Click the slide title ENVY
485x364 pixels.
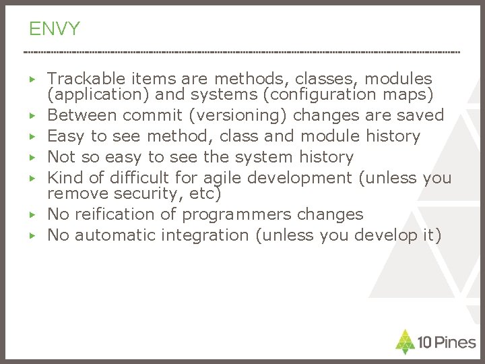coord(55,29)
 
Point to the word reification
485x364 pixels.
coord(115,214)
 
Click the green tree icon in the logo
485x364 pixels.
coord(403,341)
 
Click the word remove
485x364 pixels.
coord(73,193)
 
